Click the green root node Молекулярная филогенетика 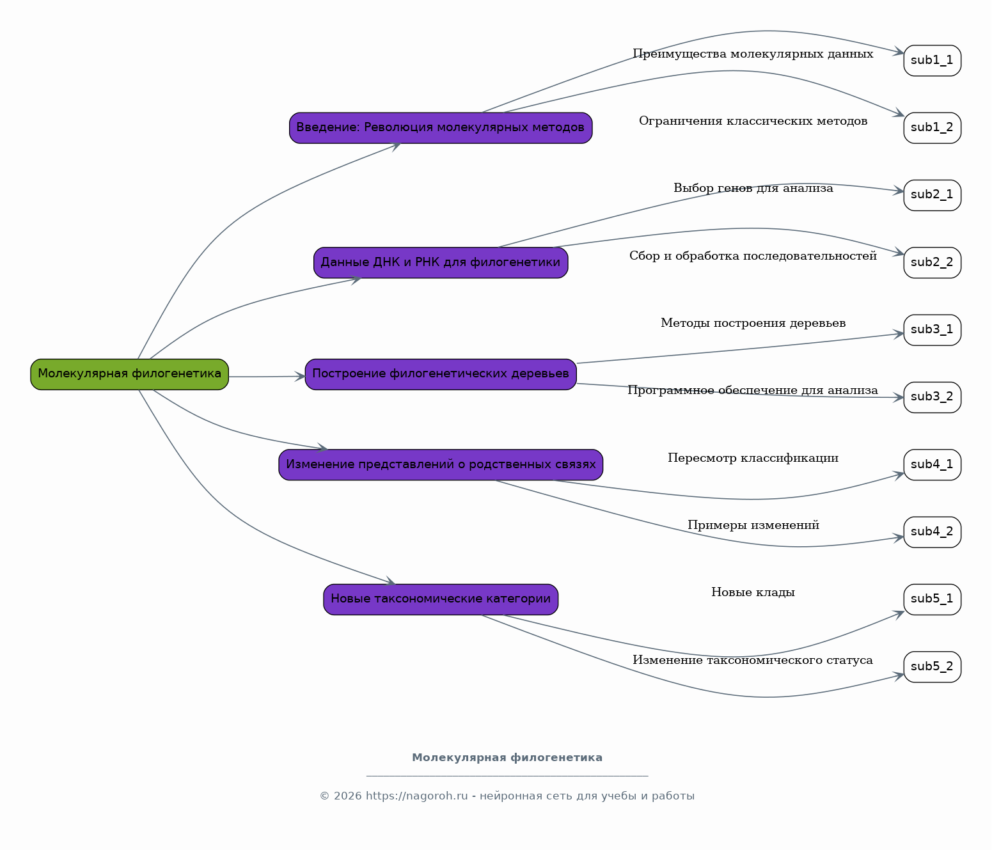pyautogui.click(x=130, y=374)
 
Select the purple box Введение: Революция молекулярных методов pyautogui.click(x=441, y=128)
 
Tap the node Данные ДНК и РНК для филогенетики pyautogui.click(x=441, y=263)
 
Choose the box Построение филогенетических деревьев pyautogui.click(x=441, y=374)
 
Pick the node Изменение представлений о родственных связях pyautogui.click(x=441, y=465)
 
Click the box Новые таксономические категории pyautogui.click(x=441, y=599)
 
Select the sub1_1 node pyautogui.click(x=932, y=61)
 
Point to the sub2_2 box pyautogui.click(x=932, y=263)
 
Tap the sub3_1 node pyautogui.click(x=932, y=330)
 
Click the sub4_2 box pyautogui.click(x=932, y=532)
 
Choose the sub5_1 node pyautogui.click(x=932, y=599)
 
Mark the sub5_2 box pyautogui.click(x=932, y=667)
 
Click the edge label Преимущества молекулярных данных pyautogui.click(x=753, y=54)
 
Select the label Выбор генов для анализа pyautogui.click(x=753, y=188)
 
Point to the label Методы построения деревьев pyautogui.click(x=753, y=323)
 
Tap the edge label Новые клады pyautogui.click(x=753, y=592)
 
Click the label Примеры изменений pyautogui.click(x=753, y=525)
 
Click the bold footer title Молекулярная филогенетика pyautogui.click(x=507, y=758)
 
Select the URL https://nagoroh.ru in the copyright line pyautogui.click(x=416, y=796)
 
